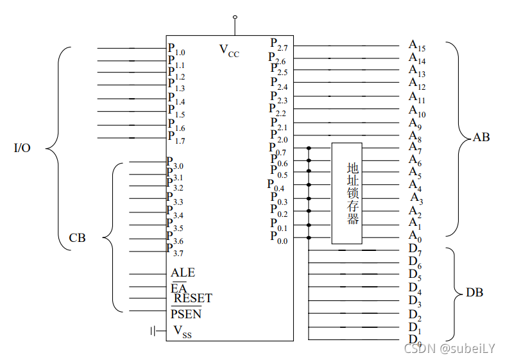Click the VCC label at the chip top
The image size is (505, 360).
pos(229,50)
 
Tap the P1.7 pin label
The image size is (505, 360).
pos(176,137)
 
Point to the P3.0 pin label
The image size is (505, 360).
pos(175,163)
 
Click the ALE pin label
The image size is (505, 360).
pos(183,273)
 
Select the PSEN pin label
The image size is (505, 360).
pos(186,314)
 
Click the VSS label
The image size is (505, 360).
pos(183,331)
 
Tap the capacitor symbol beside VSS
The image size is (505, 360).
pos(153,330)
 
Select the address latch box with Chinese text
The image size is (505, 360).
pos(347,193)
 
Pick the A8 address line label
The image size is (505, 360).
pos(415,136)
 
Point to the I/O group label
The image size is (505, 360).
pos(22,148)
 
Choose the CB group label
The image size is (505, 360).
pos(77,238)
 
